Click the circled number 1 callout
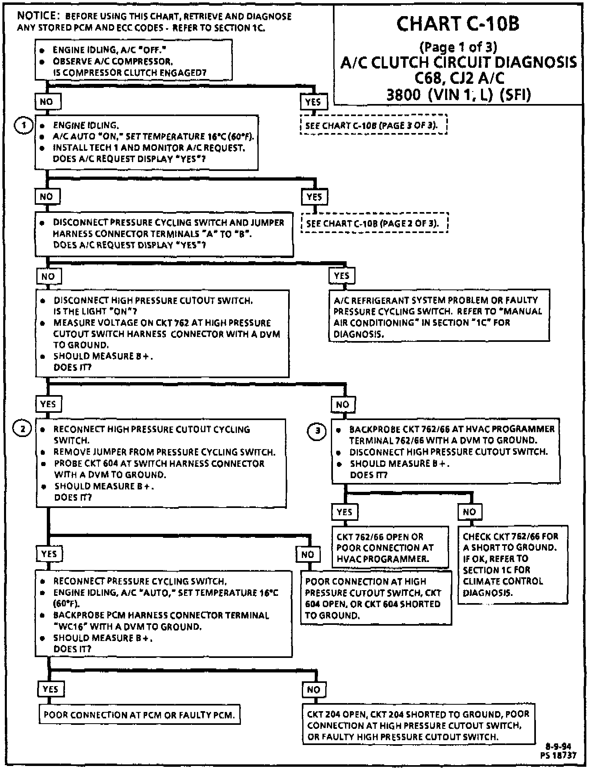23,125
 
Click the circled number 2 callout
23,429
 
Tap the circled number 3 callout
318,431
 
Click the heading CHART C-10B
458,24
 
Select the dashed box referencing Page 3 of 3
373,125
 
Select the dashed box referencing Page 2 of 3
374,223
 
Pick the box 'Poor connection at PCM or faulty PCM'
139,715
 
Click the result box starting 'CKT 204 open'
418,725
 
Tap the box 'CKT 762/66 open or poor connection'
389,547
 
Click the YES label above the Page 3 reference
313,102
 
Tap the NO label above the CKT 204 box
314,689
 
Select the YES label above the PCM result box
50,689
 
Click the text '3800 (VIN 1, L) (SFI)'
458,94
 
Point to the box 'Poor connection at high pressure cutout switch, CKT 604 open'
376,598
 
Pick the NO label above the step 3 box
343,404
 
